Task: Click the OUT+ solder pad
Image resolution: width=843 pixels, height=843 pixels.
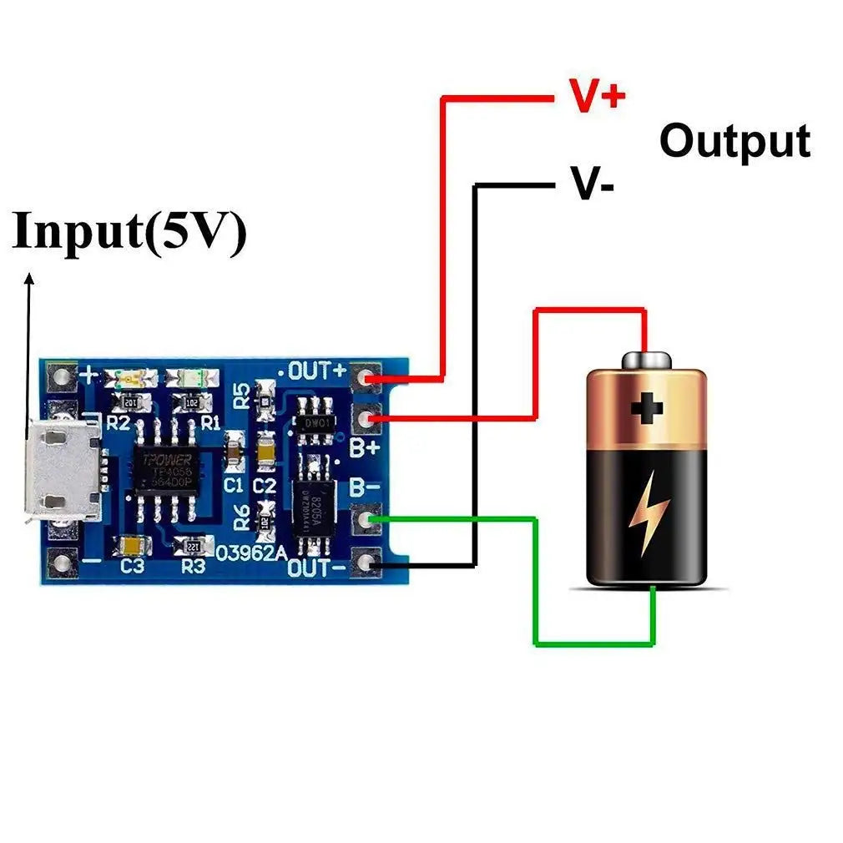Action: pos(366,378)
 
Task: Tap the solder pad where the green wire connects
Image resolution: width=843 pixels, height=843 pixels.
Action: pos(366,521)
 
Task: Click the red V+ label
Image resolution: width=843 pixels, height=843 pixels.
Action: pos(596,96)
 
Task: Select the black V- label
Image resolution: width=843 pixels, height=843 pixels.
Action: pos(593,183)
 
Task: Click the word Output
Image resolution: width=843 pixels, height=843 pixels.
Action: pos(734,141)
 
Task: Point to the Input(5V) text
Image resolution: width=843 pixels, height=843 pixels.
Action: pos(130,231)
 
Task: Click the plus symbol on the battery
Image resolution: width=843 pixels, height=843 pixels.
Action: pos(646,408)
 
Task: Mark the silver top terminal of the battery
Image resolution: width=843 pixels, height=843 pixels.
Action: pos(646,360)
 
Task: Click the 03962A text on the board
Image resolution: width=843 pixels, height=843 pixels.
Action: pos(250,552)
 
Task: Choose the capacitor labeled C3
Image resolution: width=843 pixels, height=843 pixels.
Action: pos(134,545)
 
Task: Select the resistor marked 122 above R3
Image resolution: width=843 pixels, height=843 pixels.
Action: pos(193,546)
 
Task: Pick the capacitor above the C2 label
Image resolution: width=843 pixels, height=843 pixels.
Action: pos(266,452)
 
